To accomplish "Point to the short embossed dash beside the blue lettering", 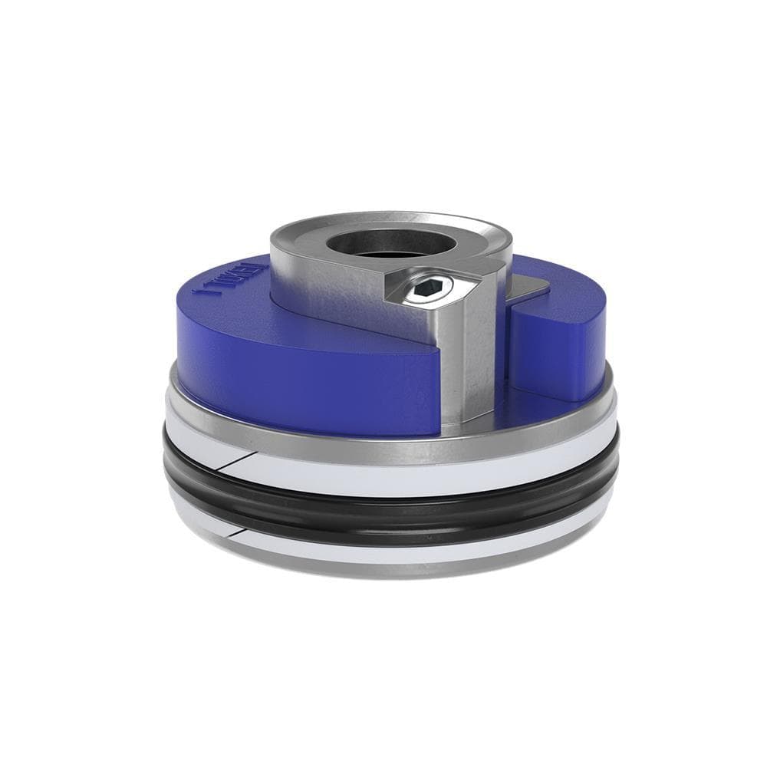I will point(203,289).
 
